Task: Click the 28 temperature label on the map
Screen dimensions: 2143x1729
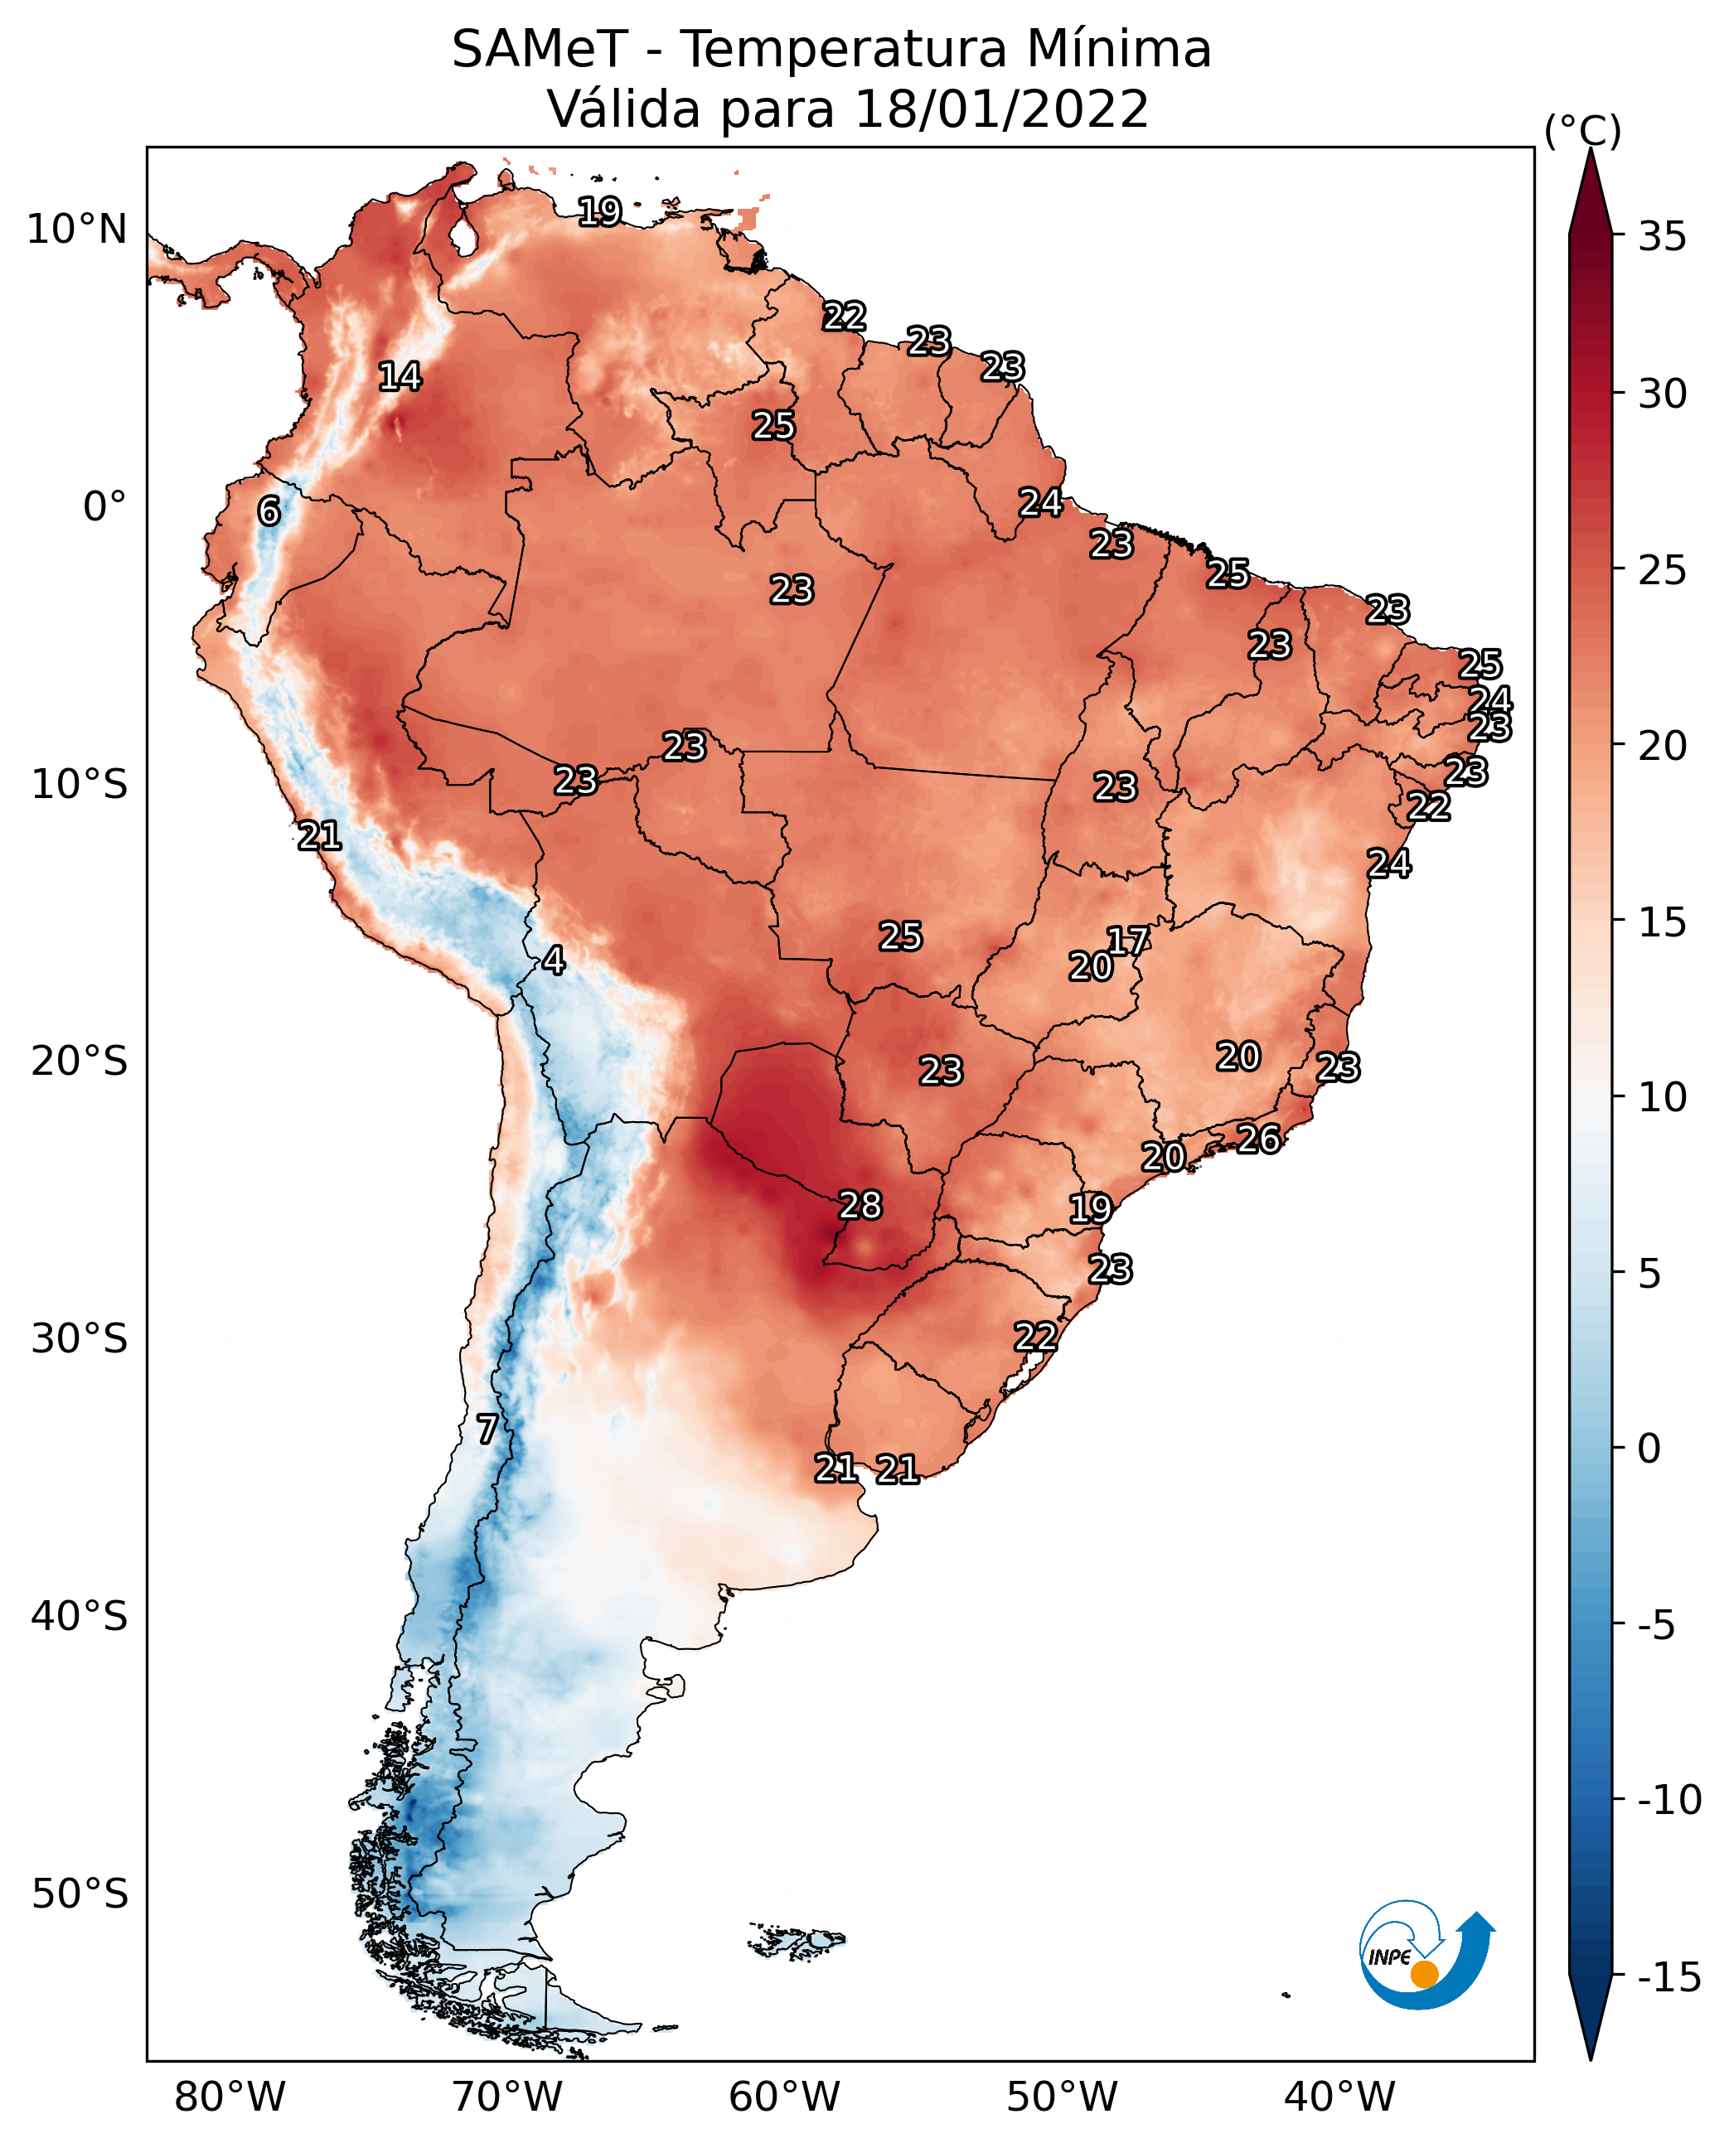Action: point(860,1205)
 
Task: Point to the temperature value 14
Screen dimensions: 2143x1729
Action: point(400,376)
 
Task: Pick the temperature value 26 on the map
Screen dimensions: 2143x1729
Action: point(1258,1139)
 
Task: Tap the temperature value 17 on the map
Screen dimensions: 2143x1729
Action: point(1128,941)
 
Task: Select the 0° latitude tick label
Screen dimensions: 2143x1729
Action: point(104,507)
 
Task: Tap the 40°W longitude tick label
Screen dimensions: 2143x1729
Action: point(1339,2097)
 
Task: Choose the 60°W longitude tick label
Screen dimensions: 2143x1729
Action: point(784,2097)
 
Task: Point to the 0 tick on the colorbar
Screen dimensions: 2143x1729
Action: point(1649,1448)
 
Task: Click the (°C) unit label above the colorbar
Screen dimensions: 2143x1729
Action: point(1582,130)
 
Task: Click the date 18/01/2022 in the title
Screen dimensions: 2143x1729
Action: point(1001,109)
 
